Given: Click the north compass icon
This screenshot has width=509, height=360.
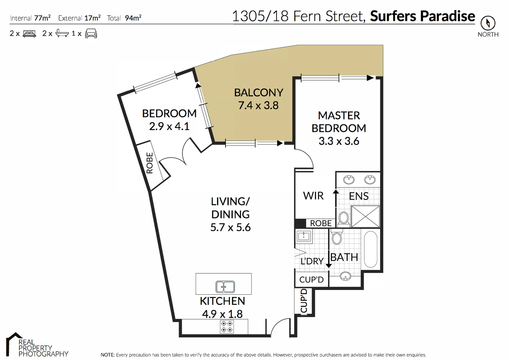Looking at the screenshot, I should (x=488, y=23).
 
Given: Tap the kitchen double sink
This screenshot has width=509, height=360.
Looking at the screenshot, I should (x=225, y=287).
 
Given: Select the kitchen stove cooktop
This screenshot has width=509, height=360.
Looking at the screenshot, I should (x=227, y=327).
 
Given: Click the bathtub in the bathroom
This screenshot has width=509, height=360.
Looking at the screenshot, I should (x=370, y=249).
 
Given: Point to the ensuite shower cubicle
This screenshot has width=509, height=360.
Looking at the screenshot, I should (x=365, y=217).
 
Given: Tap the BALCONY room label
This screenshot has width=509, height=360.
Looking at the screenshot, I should (x=258, y=92).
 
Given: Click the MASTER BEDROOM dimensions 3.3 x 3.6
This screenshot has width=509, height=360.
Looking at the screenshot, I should (x=339, y=141).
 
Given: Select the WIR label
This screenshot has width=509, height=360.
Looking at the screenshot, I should (x=313, y=196).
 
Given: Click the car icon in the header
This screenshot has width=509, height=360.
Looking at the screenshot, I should (x=91, y=34).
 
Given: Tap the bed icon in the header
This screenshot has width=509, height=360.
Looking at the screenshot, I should (x=29, y=34).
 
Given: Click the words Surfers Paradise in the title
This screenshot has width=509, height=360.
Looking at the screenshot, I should (x=422, y=16).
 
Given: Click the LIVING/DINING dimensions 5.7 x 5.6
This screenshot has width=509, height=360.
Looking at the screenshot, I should (x=230, y=227).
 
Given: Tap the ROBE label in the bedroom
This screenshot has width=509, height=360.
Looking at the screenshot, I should (x=150, y=163).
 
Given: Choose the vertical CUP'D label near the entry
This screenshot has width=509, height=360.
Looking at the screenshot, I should (x=304, y=301).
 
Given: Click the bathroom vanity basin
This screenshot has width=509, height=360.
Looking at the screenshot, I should (x=345, y=276).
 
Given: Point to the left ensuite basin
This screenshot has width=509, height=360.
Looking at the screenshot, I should (x=349, y=180).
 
